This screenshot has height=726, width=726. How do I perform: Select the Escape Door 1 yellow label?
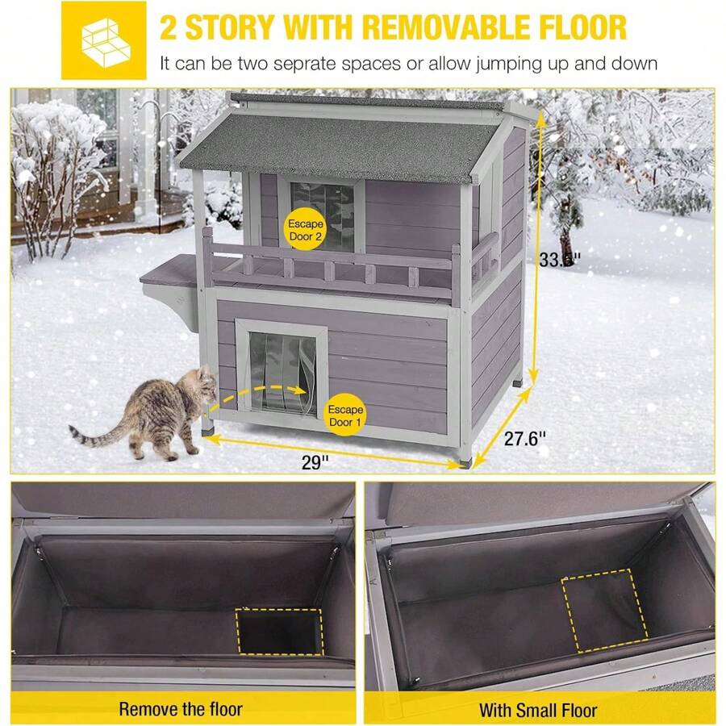[344, 416]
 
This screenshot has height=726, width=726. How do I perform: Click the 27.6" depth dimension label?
[525, 439]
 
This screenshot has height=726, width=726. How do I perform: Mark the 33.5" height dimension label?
[559, 259]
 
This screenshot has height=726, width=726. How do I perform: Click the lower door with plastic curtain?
[279, 371]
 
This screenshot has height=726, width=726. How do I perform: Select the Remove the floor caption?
[181, 710]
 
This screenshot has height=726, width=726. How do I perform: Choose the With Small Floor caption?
[538, 710]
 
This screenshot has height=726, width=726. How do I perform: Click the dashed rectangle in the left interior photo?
[279, 632]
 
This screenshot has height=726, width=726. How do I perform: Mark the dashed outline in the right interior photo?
[603, 610]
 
